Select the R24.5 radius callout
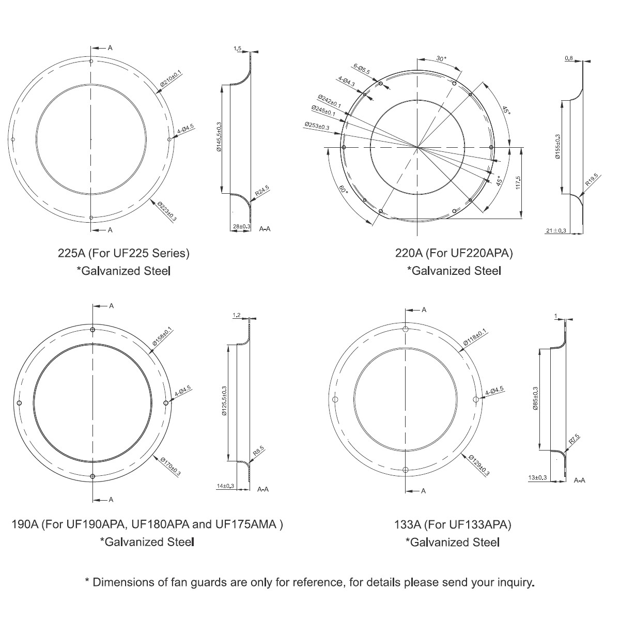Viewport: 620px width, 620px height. (262, 192)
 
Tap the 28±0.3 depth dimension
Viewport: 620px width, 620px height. (241, 226)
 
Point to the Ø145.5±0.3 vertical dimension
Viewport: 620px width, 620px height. (219, 137)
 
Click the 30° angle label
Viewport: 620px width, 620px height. (441, 59)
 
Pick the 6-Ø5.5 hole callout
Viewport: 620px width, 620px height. (362, 69)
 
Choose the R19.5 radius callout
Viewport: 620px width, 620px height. (591, 179)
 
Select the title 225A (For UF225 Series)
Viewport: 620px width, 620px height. (124, 253)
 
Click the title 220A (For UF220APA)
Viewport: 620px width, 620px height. (454, 253)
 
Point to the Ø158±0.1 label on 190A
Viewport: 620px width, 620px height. (163, 338)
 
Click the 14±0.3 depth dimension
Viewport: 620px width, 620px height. (225, 486)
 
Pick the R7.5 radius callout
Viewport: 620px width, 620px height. (574, 440)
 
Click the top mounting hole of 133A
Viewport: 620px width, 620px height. (406, 330)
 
